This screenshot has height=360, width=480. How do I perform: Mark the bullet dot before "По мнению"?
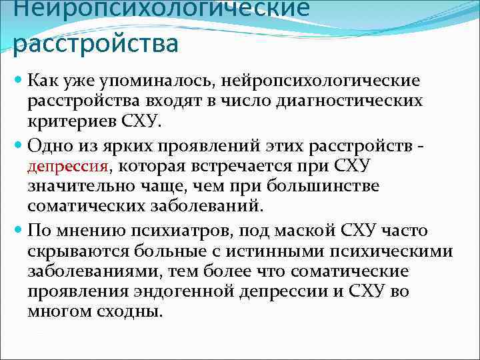click(x=18, y=231)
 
